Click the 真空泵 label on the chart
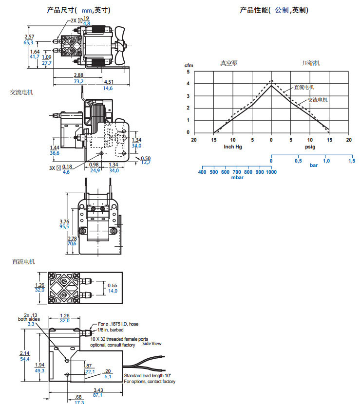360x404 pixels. point(229,63)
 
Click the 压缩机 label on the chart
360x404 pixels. point(311,63)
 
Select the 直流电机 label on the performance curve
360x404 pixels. point(304,87)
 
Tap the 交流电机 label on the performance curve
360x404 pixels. point(318,100)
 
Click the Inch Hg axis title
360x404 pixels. point(232,146)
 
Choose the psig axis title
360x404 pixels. point(310,146)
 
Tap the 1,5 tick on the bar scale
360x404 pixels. point(351,161)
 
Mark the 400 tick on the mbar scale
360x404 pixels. point(202,172)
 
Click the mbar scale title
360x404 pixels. point(237,178)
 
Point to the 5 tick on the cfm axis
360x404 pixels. point(188,72)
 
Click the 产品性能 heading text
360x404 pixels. point(254,10)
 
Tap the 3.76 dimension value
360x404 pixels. point(64,220)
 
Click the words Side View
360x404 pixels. point(152,343)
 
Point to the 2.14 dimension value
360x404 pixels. point(24,353)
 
